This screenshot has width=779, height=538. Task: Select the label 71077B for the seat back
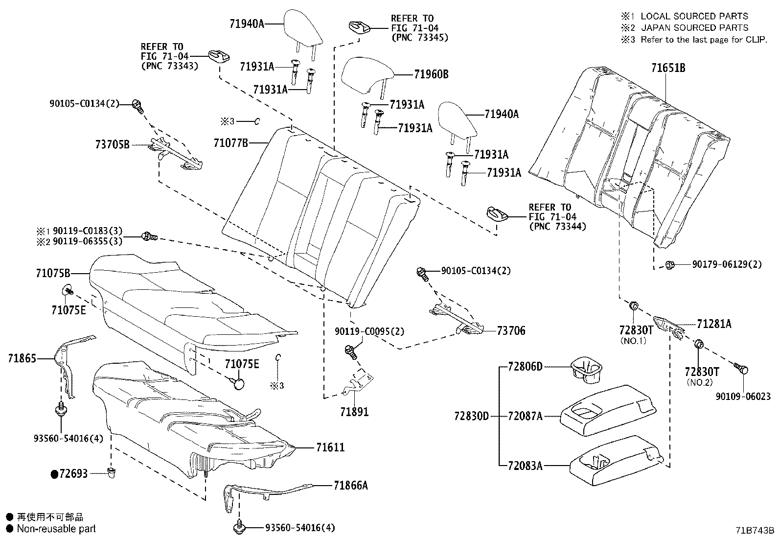point(231,143)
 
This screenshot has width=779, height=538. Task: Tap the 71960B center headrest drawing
point(367,76)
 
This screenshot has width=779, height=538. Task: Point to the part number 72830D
point(471,417)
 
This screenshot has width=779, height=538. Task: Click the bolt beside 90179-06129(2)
point(670,265)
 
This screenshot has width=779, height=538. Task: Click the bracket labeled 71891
point(358,384)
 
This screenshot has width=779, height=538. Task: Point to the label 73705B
point(112,144)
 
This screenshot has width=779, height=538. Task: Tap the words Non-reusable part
point(56,529)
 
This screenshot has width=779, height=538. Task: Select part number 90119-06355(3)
point(88,241)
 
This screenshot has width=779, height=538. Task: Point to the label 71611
point(330,447)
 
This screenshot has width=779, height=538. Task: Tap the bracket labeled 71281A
point(668,326)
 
